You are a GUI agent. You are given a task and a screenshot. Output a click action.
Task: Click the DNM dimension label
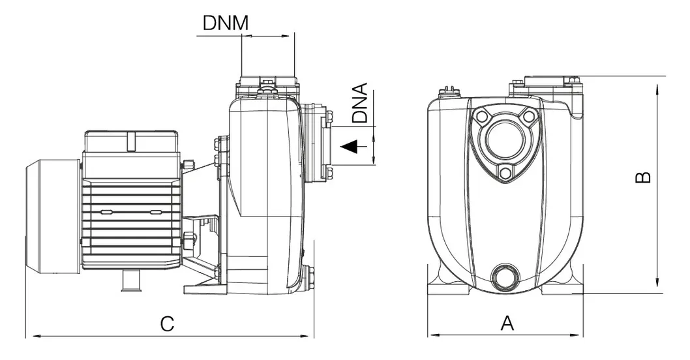click(x=226, y=23)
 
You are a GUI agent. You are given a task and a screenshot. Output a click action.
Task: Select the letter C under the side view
click(x=168, y=323)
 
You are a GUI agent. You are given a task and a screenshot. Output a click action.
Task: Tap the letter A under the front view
click(x=507, y=323)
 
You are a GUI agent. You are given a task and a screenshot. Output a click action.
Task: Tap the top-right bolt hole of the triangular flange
click(x=528, y=117)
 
